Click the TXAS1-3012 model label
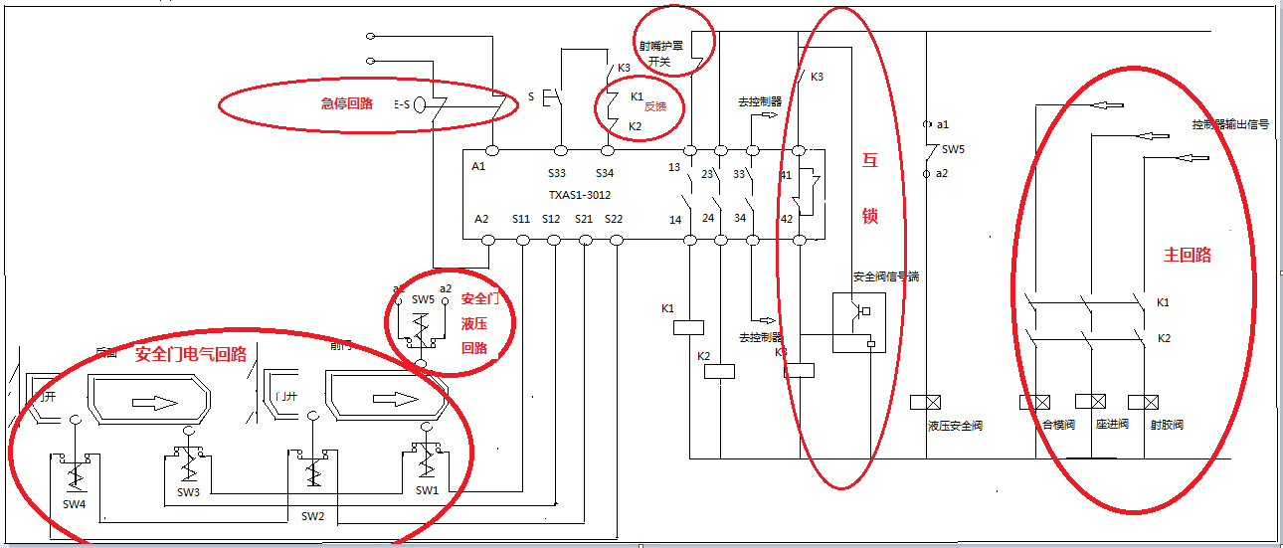click(x=580, y=195)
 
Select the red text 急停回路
click(x=346, y=102)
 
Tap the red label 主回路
click(x=1188, y=255)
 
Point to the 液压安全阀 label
click(x=955, y=426)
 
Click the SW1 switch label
click(x=427, y=490)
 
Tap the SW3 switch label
click(x=189, y=492)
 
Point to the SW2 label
click(x=312, y=516)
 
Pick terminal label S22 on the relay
click(x=613, y=219)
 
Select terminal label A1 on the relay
click(x=480, y=167)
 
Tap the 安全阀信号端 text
click(x=885, y=276)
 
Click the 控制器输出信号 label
click(x=1230, y=124)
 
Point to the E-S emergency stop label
click(x=402, y=102)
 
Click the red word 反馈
click(x=653, y=106)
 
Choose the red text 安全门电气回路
click(x=191, y=355)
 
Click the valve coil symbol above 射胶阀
click(x=1152, y=403)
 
